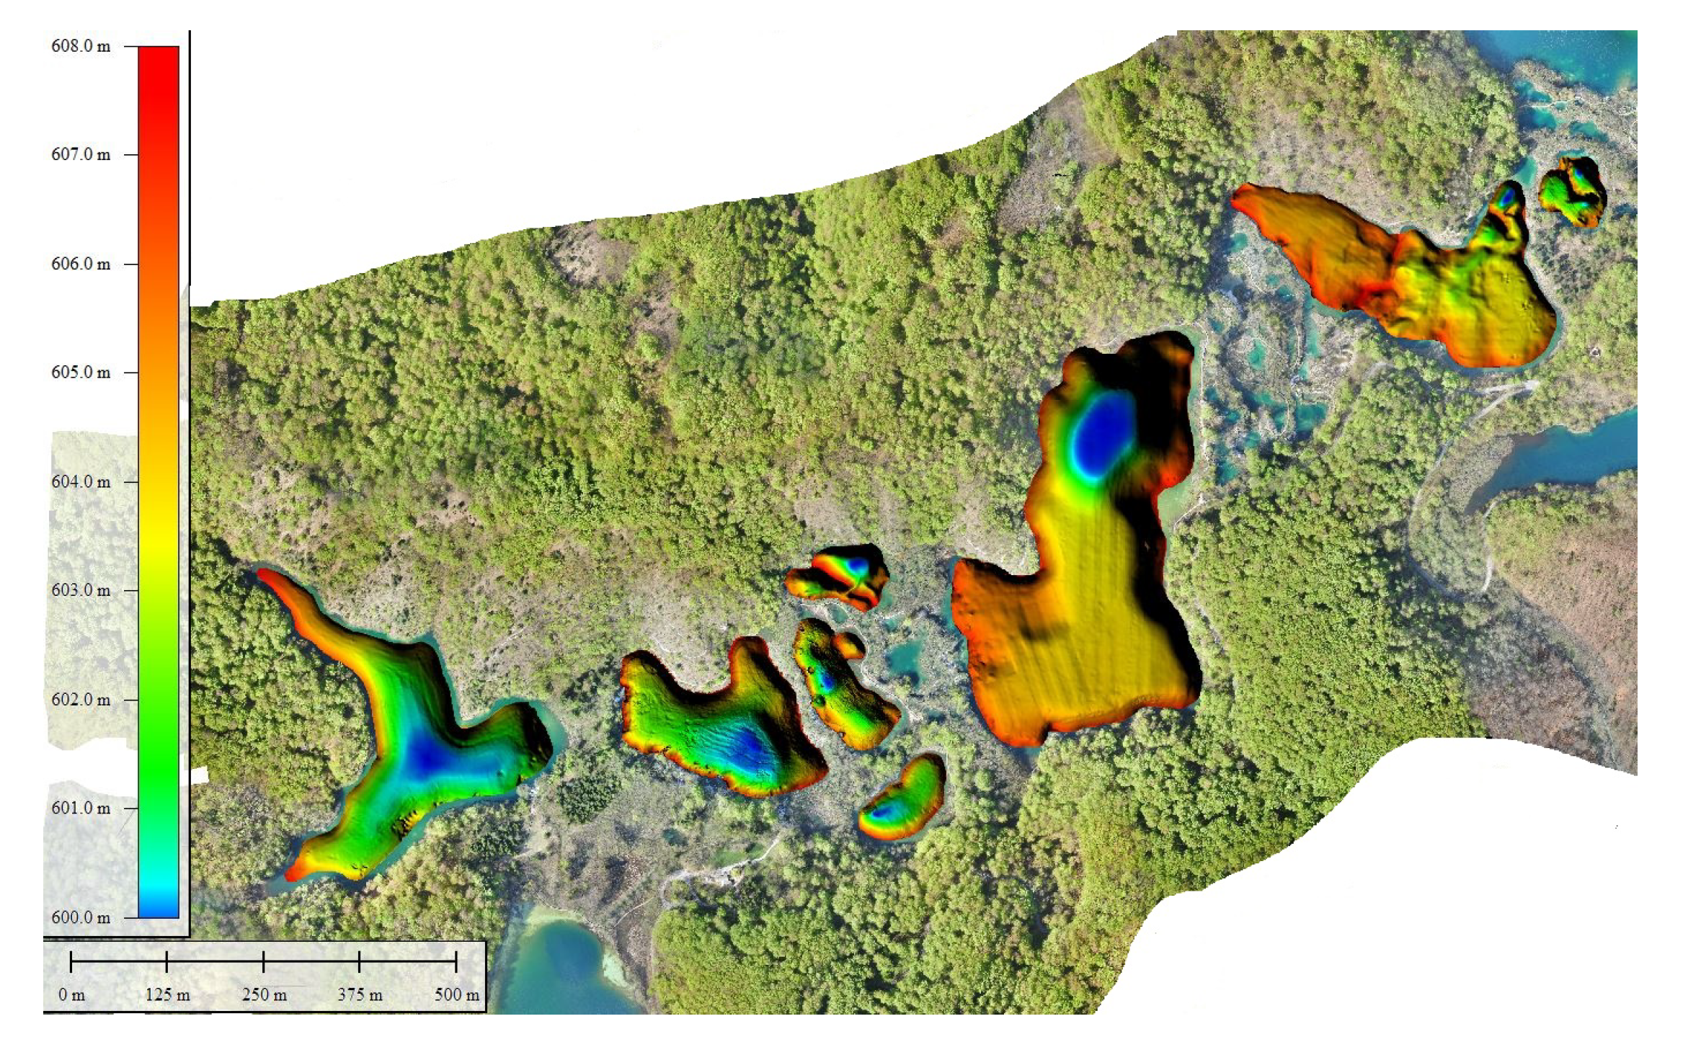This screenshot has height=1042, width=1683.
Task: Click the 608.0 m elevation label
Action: point(81,46)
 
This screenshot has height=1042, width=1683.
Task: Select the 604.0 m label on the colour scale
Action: point(81,481)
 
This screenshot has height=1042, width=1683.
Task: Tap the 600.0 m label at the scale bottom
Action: point(81,917)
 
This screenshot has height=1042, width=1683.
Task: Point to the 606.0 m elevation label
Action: point(81,264)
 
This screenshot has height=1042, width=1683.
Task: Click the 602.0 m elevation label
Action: point(81,700)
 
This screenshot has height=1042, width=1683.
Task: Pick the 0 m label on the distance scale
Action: point(71,995)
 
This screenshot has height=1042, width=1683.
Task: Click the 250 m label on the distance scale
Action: point(264,995)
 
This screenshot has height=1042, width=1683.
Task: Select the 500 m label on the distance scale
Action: point(456,995)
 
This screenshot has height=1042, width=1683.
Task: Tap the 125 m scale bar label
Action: point(167,995)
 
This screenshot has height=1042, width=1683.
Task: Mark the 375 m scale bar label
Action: point(360,995)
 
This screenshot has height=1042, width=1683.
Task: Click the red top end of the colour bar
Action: point(159,54)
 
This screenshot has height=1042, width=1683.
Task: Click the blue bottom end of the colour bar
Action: point(159,909)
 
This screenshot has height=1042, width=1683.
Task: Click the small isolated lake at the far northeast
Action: point(1573,191)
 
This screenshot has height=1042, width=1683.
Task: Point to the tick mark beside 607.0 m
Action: point(130,154)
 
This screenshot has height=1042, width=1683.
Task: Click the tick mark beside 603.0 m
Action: point(130,590)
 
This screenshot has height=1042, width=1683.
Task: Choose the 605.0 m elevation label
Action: point(81,373)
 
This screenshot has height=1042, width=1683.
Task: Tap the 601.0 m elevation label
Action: point(81,808)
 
